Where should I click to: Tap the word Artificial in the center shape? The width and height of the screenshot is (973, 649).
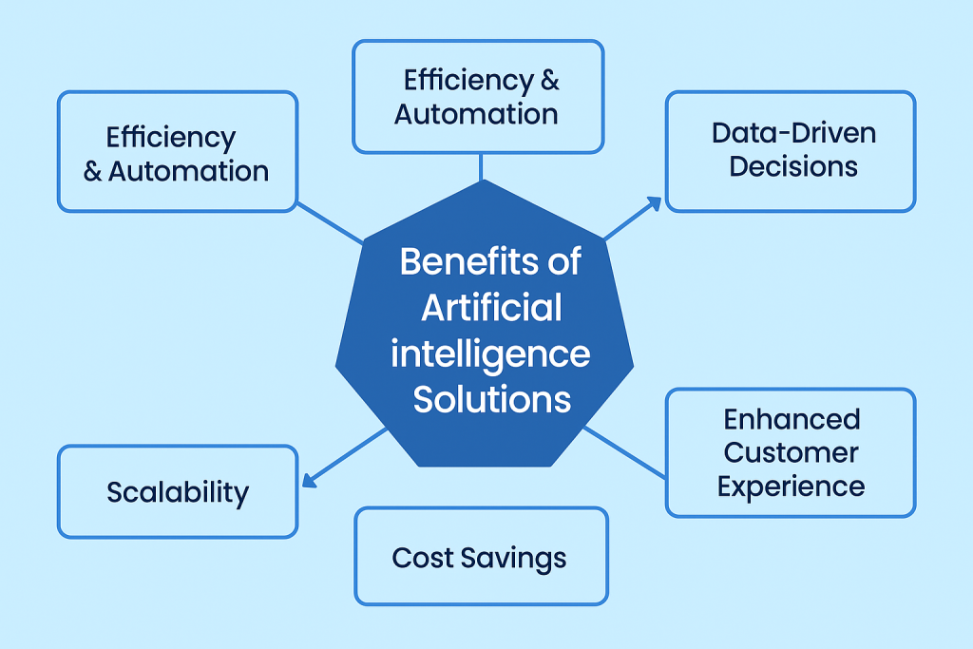pos(491,307)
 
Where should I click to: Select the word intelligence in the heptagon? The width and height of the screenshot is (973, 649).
pos(490,354)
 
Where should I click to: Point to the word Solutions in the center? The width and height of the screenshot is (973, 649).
pos(491,398)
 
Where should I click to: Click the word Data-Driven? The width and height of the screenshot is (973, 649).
pos(793,132)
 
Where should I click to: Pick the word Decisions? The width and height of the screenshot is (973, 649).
pos(793,167)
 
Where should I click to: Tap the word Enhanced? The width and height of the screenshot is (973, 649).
pos(792,419)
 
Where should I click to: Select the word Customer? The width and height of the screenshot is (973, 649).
pos(792,452)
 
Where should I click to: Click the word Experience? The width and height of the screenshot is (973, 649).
pos(792,487)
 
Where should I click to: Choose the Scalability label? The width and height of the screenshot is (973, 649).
pos(178,492)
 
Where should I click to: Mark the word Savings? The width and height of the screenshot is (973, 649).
pos(516,558)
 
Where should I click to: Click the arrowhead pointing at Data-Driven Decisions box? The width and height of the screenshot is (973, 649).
pos(654,201)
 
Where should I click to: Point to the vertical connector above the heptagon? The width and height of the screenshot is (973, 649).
pos(481,166)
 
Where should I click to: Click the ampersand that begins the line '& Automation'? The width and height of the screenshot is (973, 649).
pos(92,172)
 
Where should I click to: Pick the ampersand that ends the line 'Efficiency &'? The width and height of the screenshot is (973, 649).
pos(549,81)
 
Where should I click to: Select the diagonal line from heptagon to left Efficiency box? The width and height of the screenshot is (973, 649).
pos(330,221)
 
